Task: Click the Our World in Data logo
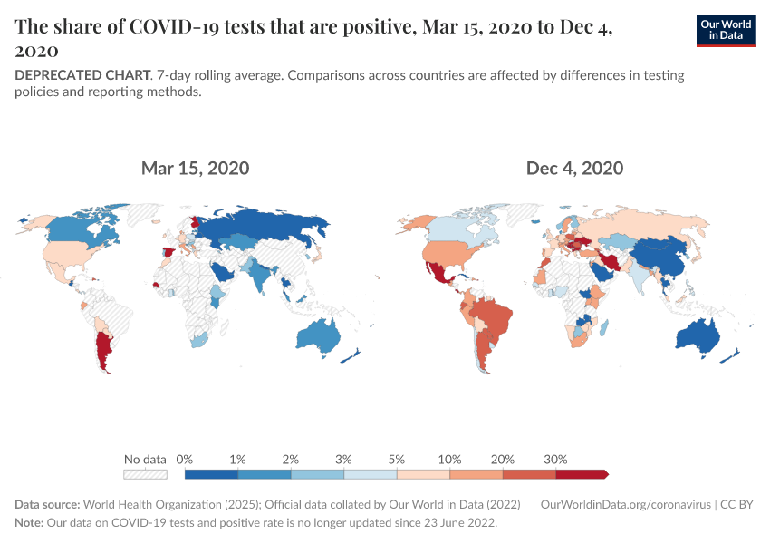coord(725,30)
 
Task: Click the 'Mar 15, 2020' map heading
coord(195,168)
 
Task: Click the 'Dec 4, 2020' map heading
coord(574,168)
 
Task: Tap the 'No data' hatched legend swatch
coord(146,473)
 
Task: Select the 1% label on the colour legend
coord(237,459)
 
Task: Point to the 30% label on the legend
coord(555,459)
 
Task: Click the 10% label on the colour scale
coord(449,459)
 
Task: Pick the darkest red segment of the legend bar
coord(581,473)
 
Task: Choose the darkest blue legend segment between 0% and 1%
coord(211,473)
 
